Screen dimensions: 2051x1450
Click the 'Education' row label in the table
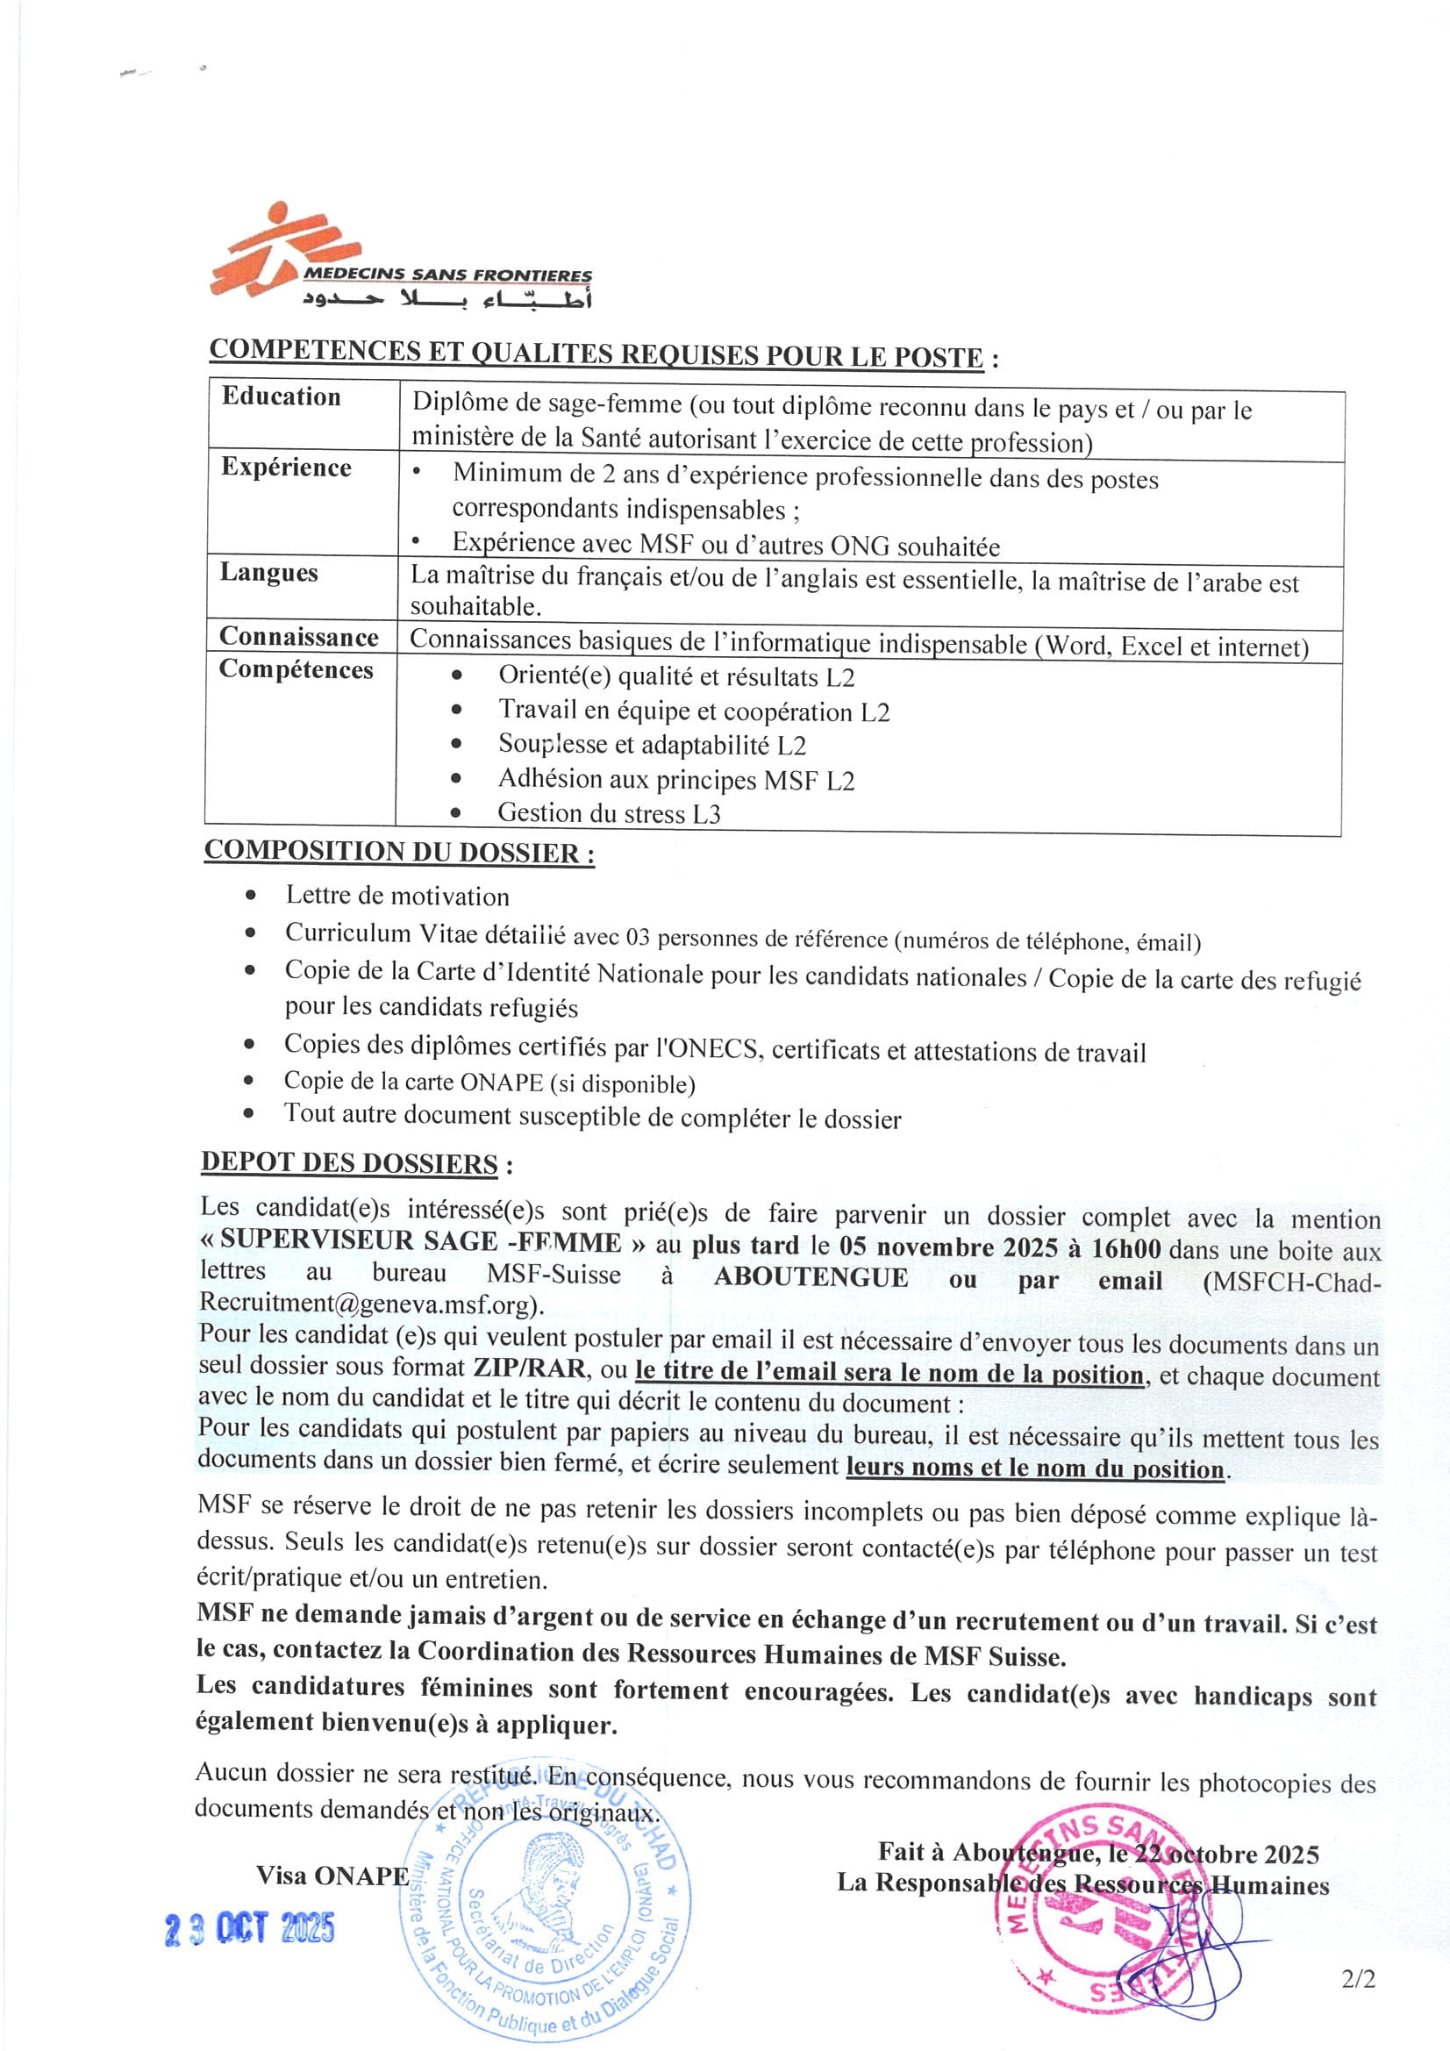click(x=282, y=397)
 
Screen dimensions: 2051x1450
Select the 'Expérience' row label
click(x=286, y=468)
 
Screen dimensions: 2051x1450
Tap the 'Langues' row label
click(x=269, y=573)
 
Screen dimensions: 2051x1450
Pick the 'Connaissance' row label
click(x=298, y=637)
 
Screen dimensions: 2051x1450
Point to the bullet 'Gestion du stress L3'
click(x=609, y=813)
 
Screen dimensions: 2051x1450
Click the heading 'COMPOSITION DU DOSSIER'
click(x=398, y=851)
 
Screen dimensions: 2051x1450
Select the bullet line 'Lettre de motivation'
click(x=396, y=896)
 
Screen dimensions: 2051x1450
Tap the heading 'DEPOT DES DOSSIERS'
click(x=349, y=1163)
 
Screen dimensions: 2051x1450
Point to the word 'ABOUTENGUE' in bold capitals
click(x=811, y=1277)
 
